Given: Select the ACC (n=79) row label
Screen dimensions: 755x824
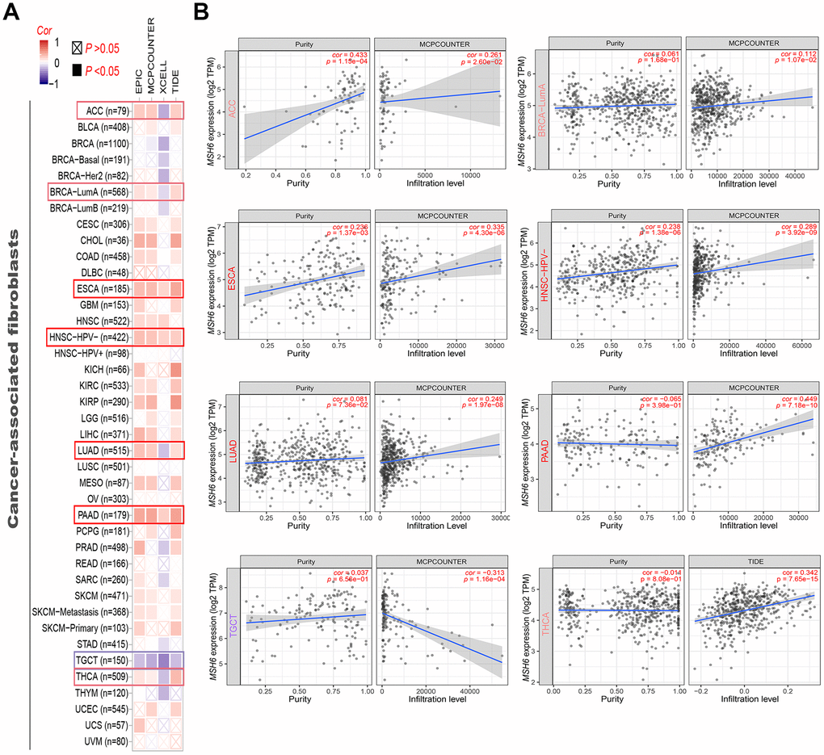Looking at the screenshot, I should point(103,111).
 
